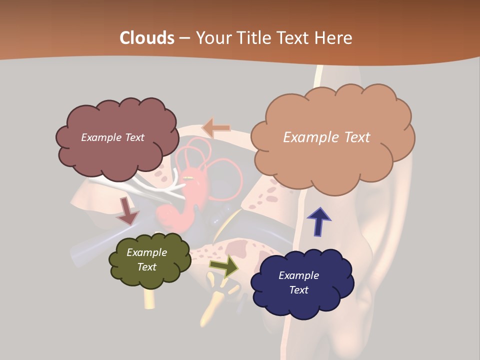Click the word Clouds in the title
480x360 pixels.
(x=147, y=38)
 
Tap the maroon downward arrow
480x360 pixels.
(x=127, y=211)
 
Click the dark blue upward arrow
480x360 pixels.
(x=319, y=221)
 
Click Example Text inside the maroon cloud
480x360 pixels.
(x=112, y=137)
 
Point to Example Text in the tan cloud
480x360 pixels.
(x=326, y=137)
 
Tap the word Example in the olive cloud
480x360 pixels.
(x=146, y=252)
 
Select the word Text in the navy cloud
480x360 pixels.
(x=298, y=290)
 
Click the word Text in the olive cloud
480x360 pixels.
(x=146, y=267)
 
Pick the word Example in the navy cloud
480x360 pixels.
(x=298, y=275)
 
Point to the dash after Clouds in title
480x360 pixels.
(x=184, y=38)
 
